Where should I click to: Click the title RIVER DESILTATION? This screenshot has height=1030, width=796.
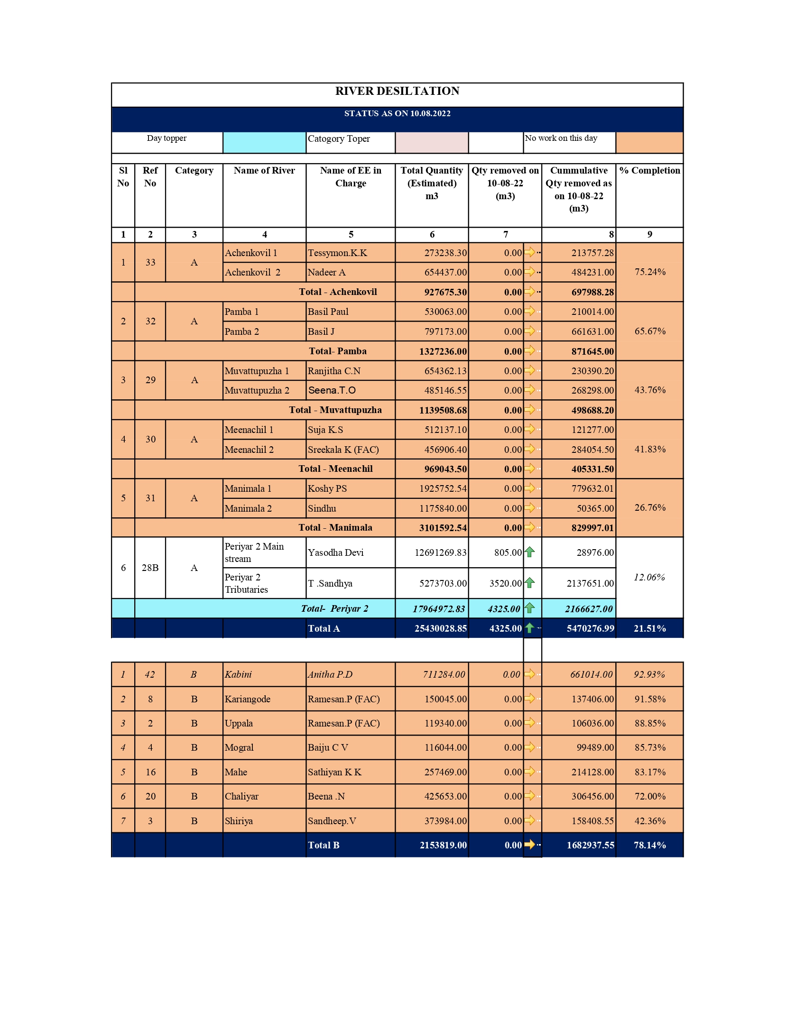397,91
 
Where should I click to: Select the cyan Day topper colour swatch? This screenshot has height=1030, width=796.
264,142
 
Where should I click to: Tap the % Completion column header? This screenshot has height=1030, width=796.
649,171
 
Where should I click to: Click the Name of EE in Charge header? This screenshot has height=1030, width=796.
351,176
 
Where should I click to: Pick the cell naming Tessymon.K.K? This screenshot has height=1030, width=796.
337,253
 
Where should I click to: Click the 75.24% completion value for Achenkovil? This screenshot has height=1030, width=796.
650,272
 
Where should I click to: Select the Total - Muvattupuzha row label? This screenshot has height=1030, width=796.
335,410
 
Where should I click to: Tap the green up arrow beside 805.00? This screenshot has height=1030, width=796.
530,552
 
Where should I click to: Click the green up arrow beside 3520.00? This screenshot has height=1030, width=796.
530,583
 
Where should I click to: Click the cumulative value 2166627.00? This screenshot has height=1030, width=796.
589,609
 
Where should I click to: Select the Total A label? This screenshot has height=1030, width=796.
324,628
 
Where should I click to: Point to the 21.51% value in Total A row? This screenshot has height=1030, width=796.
649,628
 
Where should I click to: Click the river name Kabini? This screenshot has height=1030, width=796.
238,674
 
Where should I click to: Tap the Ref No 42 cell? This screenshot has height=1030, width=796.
150,674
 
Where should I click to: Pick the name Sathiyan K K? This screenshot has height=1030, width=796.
334,772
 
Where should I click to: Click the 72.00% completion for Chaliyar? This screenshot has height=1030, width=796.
650,796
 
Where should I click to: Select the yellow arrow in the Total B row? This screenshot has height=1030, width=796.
530,845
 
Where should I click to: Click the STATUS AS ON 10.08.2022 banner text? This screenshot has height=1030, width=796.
397,113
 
